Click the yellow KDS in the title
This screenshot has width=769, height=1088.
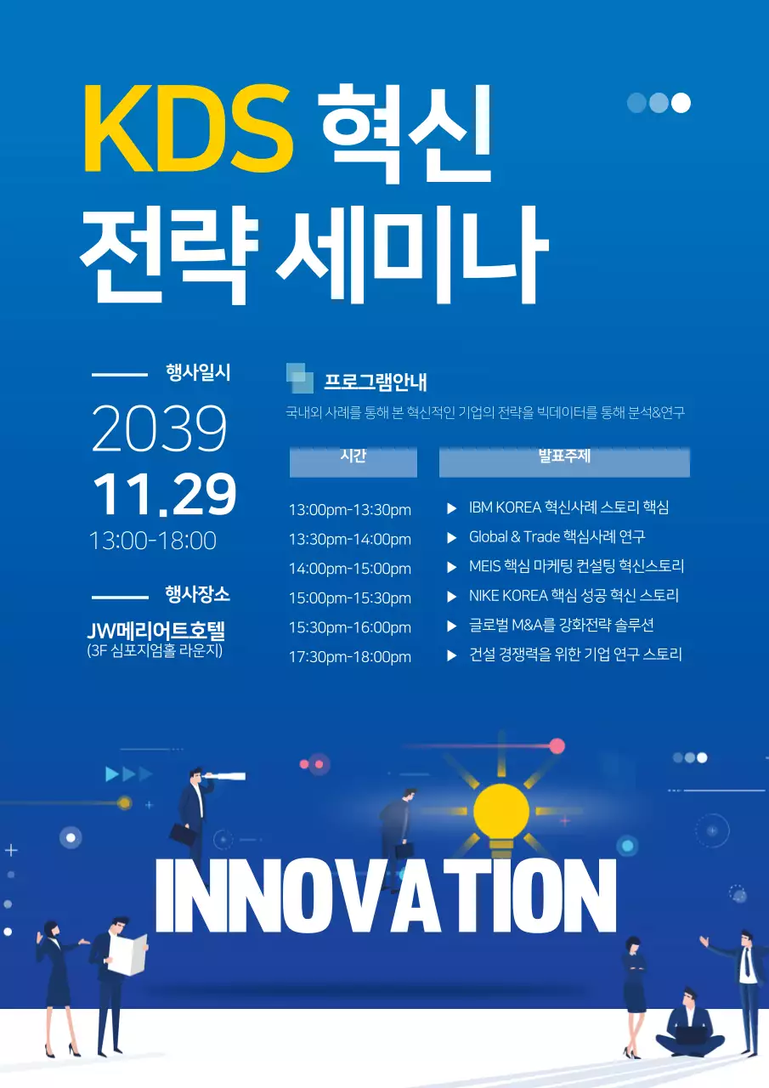188,129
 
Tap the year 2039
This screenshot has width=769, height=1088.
159,429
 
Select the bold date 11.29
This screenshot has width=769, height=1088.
164,494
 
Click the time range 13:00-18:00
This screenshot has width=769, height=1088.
153,541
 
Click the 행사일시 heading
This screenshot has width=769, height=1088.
198,372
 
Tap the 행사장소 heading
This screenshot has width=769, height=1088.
198,594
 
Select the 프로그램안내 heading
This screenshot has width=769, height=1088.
375,382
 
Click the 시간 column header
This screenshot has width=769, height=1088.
353,456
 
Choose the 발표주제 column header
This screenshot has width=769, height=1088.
564,456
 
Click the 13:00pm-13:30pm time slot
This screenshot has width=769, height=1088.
350,510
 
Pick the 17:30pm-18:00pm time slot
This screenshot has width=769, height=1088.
350,657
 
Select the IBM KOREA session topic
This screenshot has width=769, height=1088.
568,507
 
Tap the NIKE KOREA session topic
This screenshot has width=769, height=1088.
574,596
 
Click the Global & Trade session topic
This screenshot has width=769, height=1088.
557,537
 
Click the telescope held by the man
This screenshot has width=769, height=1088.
228,775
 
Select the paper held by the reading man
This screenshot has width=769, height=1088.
127,954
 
